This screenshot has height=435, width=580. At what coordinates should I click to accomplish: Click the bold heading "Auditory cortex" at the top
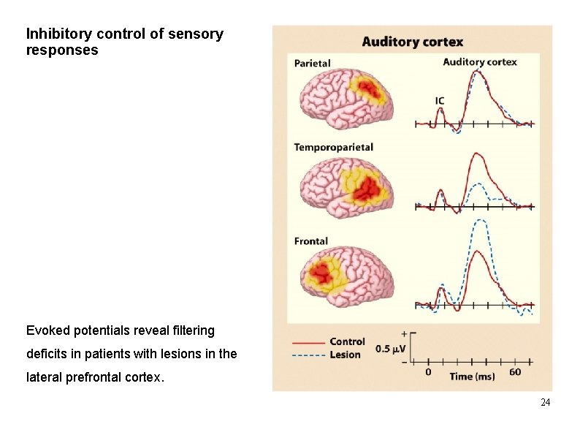(412, 42)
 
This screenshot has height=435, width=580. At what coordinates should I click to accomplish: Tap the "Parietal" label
(312, 64)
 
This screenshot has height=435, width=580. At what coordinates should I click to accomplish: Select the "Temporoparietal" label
(333, 147)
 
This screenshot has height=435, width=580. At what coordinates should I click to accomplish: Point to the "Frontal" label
(310, 241)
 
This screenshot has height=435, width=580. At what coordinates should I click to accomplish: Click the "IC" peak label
(440, 101)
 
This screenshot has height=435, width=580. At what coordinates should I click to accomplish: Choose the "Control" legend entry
(347, 341)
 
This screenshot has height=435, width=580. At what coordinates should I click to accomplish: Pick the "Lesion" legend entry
(345, 355)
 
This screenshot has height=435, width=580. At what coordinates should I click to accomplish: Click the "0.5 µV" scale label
(391, 349)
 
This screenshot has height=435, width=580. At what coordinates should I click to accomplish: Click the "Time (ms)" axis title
(471, 376)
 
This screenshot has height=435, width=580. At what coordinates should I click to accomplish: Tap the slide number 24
(546, 403)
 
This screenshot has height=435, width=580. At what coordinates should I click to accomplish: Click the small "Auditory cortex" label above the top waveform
(479, 62)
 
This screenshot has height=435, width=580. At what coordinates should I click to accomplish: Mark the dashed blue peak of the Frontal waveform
(479, 220)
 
